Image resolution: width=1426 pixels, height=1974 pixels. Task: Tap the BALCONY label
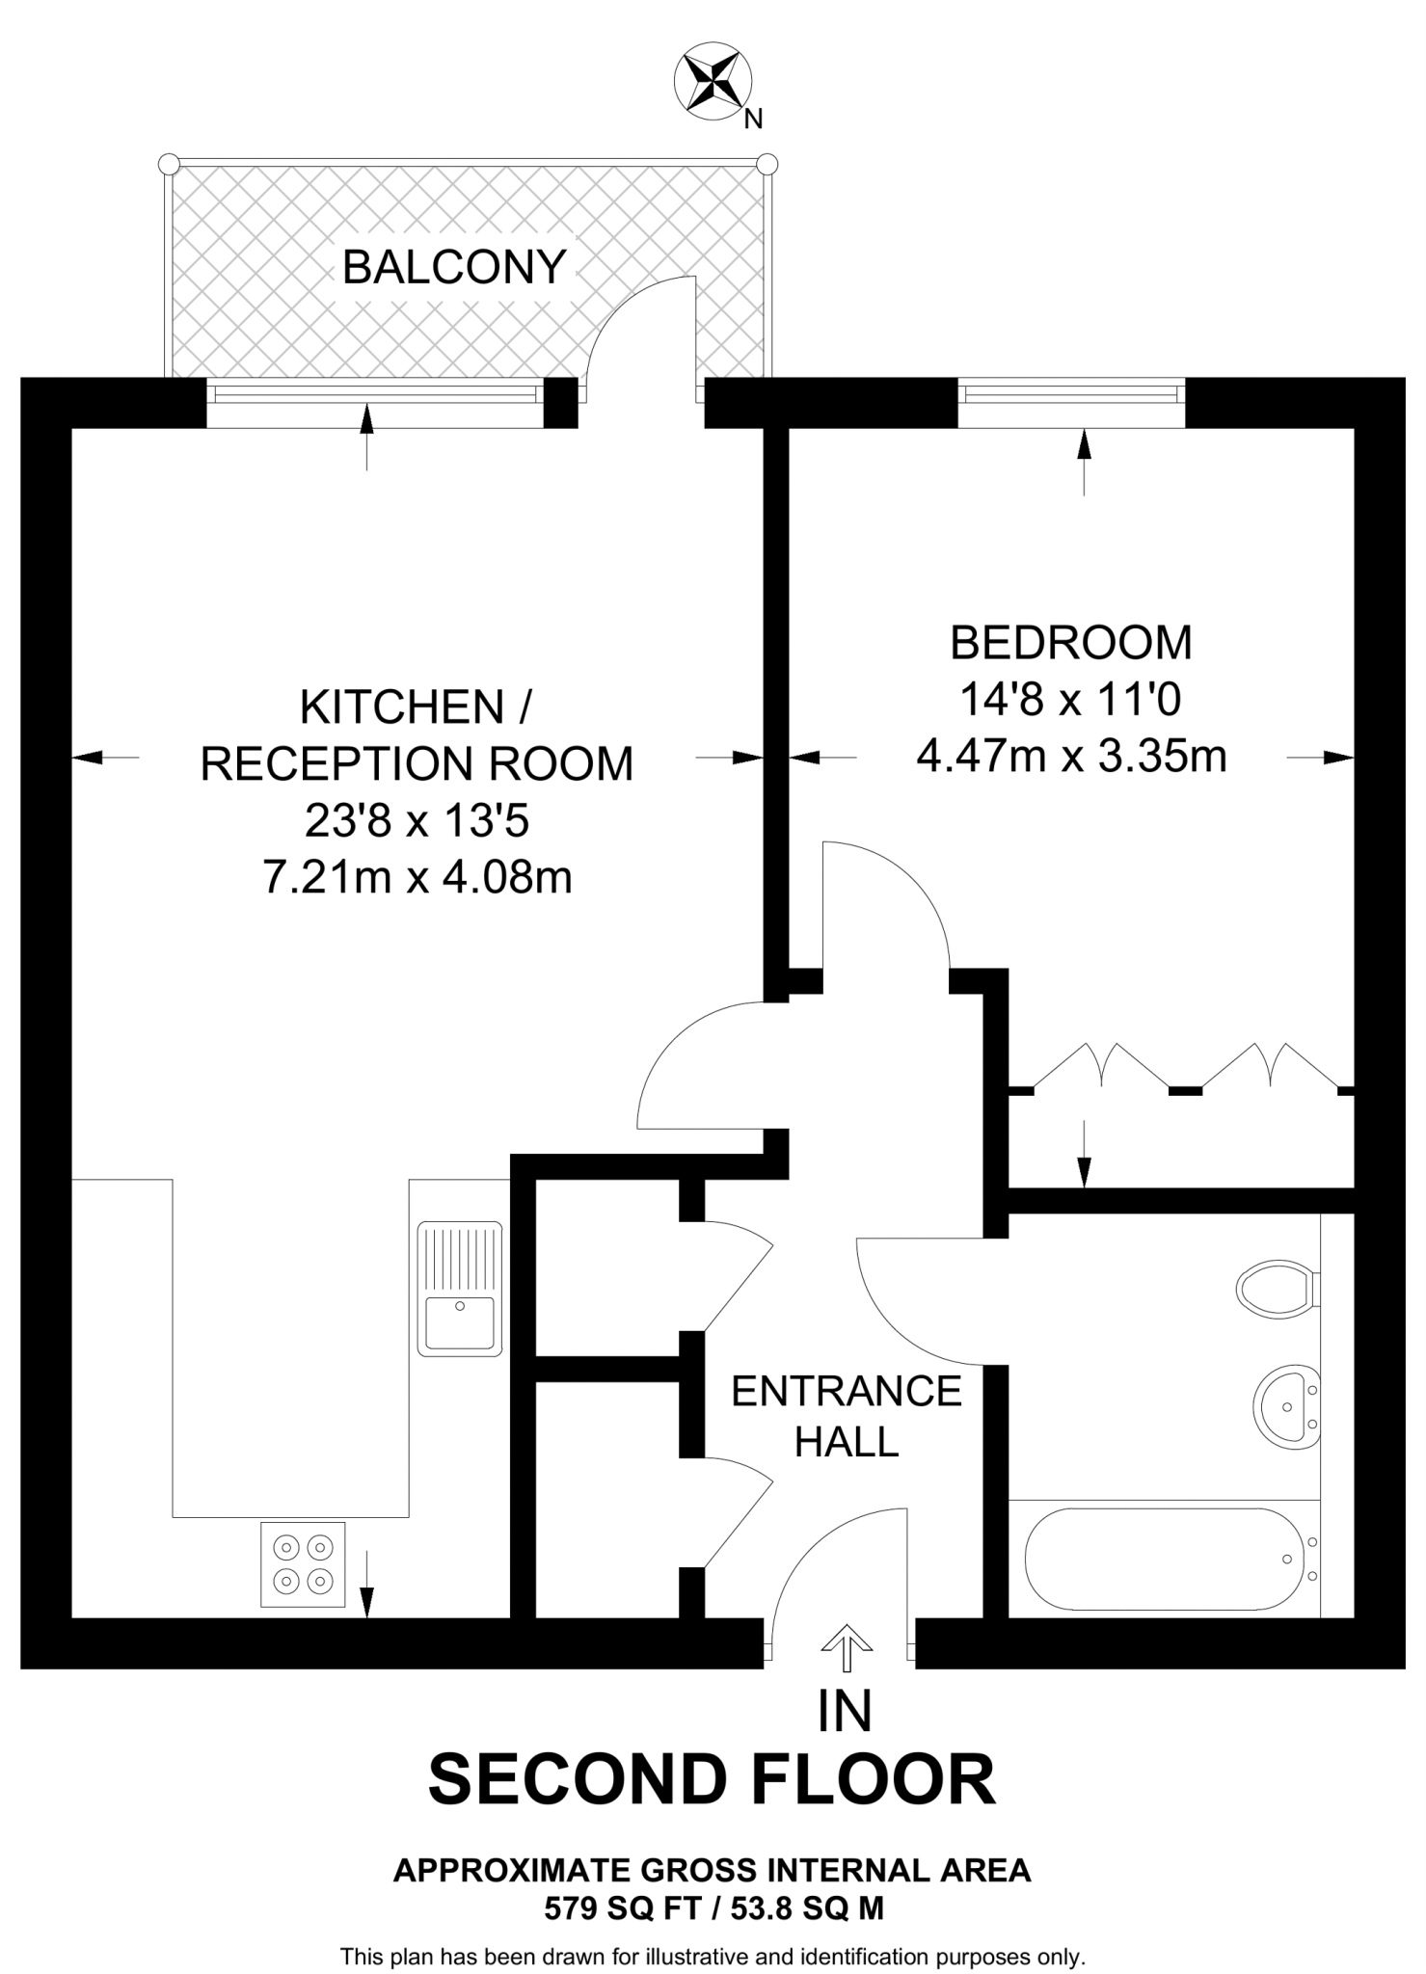[453, 267]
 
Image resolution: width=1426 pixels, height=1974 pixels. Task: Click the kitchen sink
[460, 1289]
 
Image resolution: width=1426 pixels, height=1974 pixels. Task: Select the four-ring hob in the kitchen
[303, 1563]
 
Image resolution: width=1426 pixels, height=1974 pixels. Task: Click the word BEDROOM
[1070, 643]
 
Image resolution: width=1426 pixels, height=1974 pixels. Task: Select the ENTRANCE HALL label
[847, 1416]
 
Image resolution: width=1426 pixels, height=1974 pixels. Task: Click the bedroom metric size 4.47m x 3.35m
[1070, 756]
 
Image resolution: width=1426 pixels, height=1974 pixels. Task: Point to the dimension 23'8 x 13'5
[417, 821]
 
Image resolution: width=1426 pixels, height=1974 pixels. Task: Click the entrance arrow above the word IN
[846, 1646]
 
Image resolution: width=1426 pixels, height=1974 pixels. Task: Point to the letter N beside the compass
[753, 120]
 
